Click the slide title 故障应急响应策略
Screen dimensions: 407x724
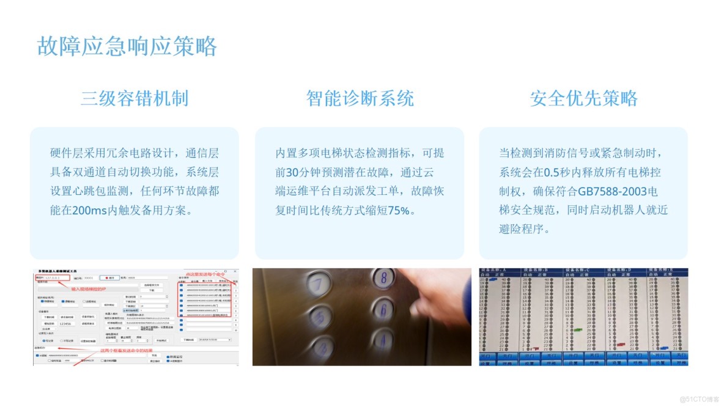[127, 46]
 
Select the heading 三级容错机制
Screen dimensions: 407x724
[135, 98]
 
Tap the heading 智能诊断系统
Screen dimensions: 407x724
[360, 98]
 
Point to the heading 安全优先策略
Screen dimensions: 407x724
[584, 98]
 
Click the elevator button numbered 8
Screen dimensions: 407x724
[384, 279]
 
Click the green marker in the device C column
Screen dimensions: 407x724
[578, 330]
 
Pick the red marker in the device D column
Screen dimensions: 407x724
[622, 344]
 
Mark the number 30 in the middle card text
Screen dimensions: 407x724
[292, 172]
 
